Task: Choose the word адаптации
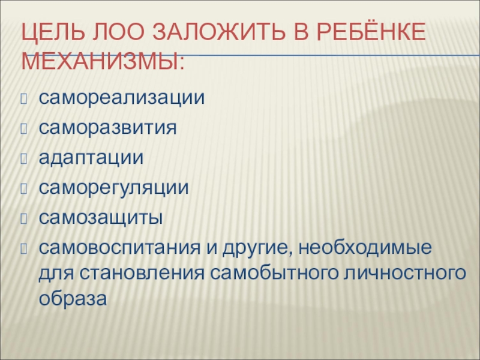point(91,157)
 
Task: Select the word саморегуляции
point(114,188)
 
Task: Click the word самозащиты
point(101,218)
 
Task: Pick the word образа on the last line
point(73,298)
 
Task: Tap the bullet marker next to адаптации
point(24,158)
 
